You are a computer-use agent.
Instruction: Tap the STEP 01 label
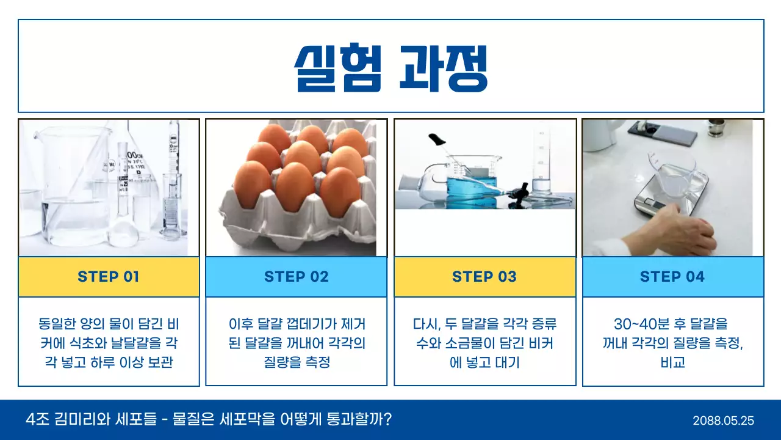point(109,277)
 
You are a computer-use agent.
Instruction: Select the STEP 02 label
point(297,277)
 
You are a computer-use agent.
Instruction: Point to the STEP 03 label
point(484,277)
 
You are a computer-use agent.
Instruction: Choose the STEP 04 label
point(672,277)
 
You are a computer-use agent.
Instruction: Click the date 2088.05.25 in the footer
point(724,420)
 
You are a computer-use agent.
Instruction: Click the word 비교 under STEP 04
point(673,362)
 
